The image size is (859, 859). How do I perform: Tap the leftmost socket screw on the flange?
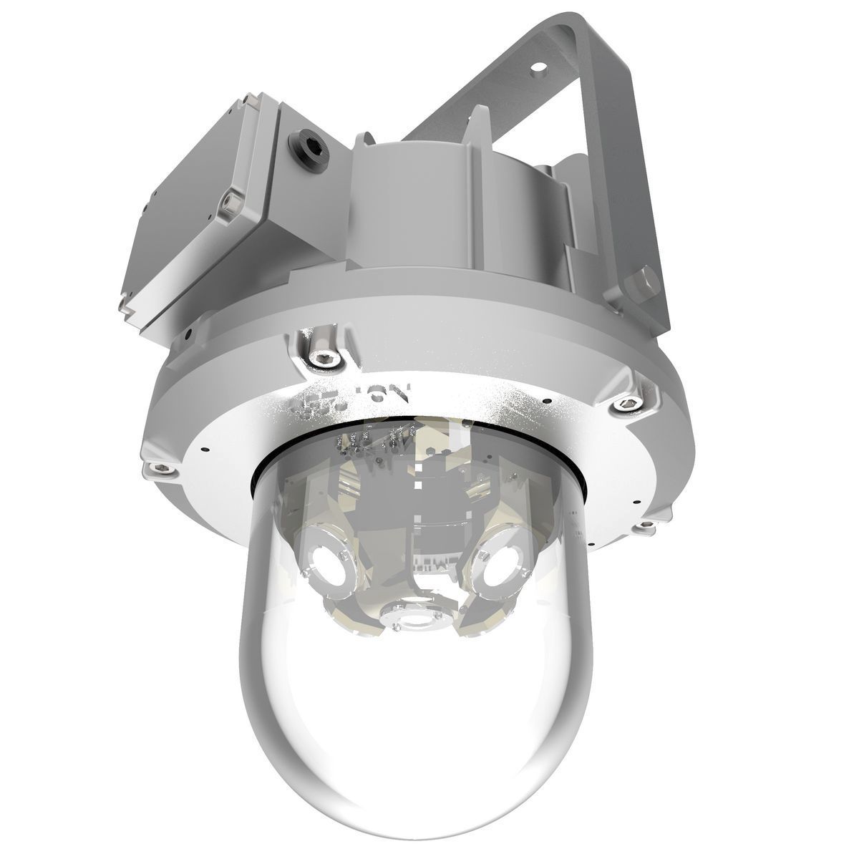pos(158,469)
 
